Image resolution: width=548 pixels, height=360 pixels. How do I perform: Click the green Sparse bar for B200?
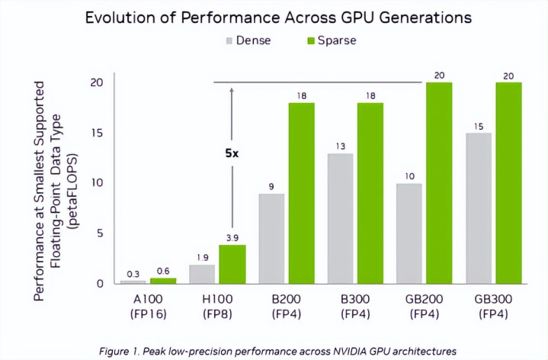point(301,193)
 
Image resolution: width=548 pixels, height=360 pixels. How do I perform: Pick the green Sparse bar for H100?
point(232,264)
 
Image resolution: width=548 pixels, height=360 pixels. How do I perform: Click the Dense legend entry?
point(248,40)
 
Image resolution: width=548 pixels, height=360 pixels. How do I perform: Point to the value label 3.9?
point(232,238)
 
